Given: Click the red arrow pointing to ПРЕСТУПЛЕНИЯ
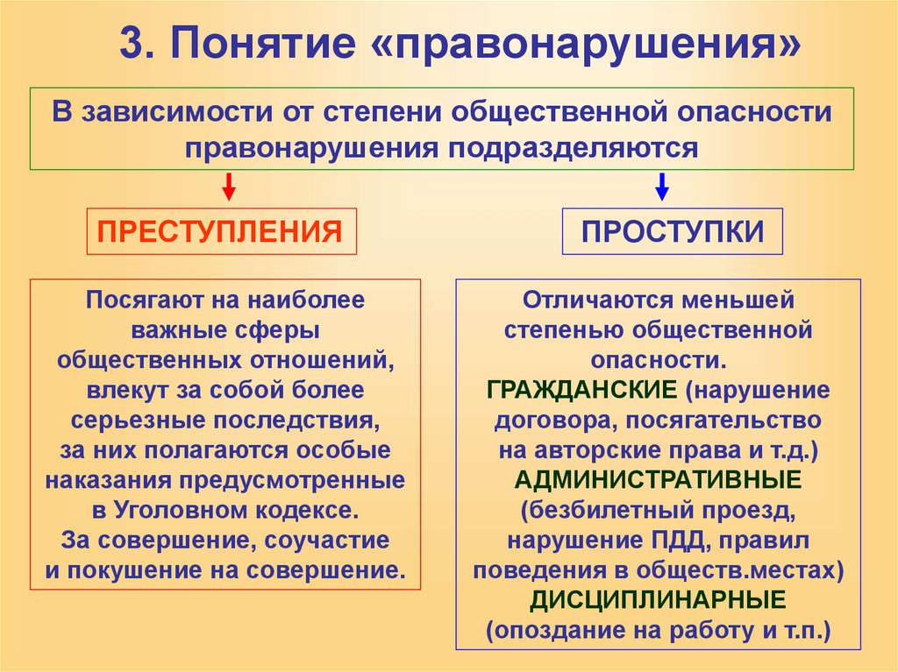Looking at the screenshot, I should point(229,187).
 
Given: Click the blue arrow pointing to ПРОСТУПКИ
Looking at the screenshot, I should point(663,187).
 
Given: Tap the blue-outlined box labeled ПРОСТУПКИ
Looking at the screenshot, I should point(673,231).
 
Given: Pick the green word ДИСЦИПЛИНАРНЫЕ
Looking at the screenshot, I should point(657,600).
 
